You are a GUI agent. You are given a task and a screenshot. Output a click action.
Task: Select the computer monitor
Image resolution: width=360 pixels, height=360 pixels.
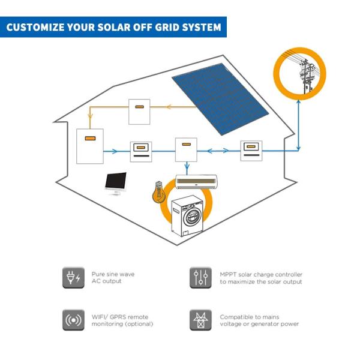[116, 182]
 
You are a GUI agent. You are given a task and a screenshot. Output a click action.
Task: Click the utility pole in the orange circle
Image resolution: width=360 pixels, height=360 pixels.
[306, 75]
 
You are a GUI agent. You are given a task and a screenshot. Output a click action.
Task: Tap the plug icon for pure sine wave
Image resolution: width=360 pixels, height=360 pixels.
[71, 277]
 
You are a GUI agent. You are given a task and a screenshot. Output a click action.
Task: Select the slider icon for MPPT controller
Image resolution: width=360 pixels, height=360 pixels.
[199, 277]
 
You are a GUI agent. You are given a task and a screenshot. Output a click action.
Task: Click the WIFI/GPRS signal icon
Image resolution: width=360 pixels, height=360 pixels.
[71, 320]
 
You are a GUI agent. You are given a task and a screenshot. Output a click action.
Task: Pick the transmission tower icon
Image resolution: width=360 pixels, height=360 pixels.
[199, 320]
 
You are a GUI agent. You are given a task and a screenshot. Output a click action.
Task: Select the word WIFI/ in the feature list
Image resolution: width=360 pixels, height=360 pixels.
[100, 317]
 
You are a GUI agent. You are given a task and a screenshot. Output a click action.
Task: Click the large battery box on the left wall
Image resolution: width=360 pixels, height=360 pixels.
[89, 146]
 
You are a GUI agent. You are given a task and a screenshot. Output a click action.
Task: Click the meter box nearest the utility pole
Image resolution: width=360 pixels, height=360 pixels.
[251, 149]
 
